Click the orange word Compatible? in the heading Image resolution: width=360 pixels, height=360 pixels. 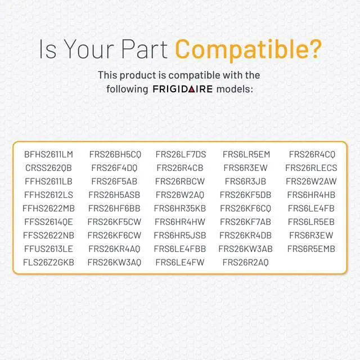[x=248, y=50]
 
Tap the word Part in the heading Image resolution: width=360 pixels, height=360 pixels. [x=145, y=49]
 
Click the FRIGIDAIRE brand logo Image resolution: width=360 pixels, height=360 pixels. [x=183, y=89]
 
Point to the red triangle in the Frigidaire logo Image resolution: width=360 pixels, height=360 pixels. [x=191, y=89]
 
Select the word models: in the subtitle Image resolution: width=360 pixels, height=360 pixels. [x=235, y=89]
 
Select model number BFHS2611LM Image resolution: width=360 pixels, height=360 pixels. [x=49, y=155]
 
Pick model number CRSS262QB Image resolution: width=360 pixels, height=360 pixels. [x=49, y=168]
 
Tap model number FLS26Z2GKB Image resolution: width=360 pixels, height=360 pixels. [x=49, y=263]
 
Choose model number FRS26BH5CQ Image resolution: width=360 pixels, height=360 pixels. [x=115, y=155]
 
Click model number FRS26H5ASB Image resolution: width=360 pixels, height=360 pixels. [x=114, y=195]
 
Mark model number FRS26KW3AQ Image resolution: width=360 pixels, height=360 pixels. [x=114, y=263]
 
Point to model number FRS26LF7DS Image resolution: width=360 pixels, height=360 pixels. [x=181, y=155]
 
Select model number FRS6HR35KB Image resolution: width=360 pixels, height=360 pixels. [x=180, y=209]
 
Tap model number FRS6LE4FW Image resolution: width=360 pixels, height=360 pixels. [x=180, y=263]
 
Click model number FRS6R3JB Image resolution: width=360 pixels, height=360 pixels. [x=245, y=181]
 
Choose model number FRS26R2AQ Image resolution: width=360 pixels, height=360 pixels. [x=246, y=263]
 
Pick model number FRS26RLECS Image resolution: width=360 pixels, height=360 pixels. [x=311, y=168]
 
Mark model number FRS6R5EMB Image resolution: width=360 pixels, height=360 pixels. [x=311, y=249]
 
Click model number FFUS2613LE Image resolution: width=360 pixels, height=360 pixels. [x=49, y=249]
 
